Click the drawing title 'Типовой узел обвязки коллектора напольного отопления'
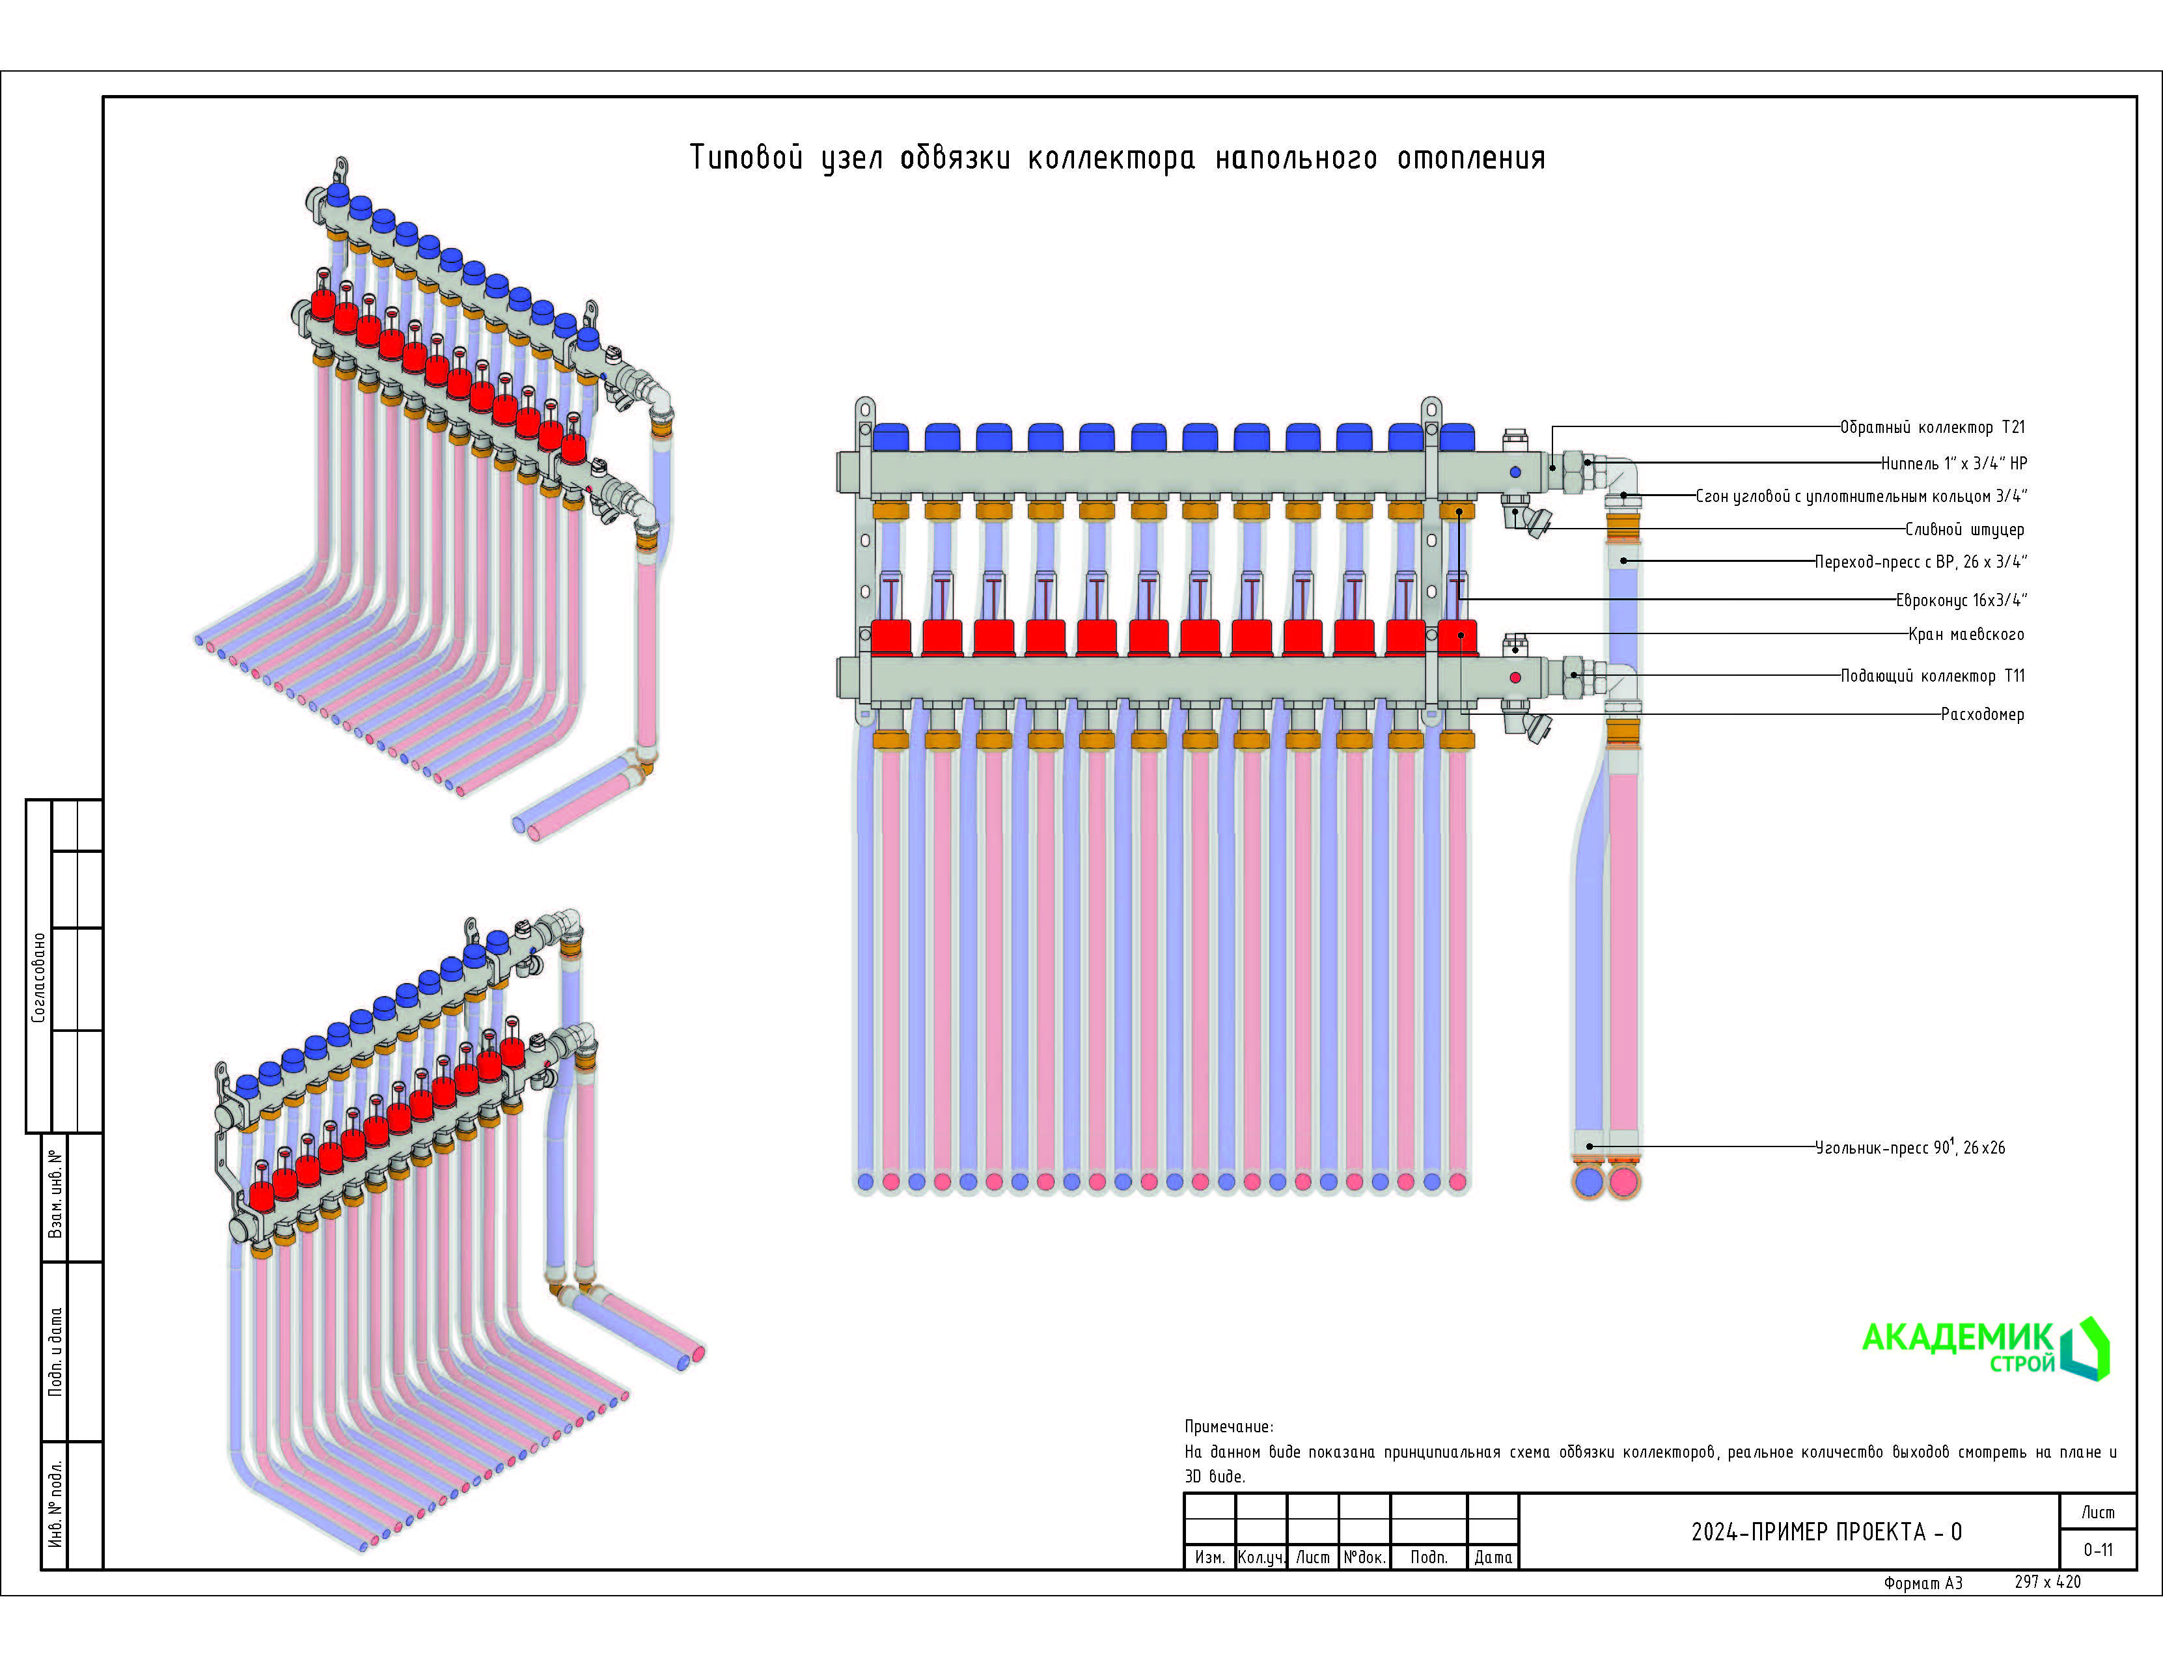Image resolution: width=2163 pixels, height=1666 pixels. click(x=1116, y=158)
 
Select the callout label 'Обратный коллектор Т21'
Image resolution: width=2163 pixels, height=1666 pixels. click(x=1932, y=428)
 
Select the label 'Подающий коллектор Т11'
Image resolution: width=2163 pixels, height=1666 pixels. click(x=1932, y=676)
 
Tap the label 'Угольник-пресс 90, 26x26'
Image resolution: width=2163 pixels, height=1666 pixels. click(x=1909, y=1148)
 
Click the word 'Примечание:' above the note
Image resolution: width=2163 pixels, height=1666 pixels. click(x=1229, y=1427)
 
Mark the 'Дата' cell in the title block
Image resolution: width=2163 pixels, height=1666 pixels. click(x=1493, y=1558)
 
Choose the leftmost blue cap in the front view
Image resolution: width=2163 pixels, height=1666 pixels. click(x=890, y=437)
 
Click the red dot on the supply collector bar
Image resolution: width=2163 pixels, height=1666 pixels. click(x=1515, y=678)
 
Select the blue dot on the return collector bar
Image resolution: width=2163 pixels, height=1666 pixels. click(x=1515, y=473)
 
